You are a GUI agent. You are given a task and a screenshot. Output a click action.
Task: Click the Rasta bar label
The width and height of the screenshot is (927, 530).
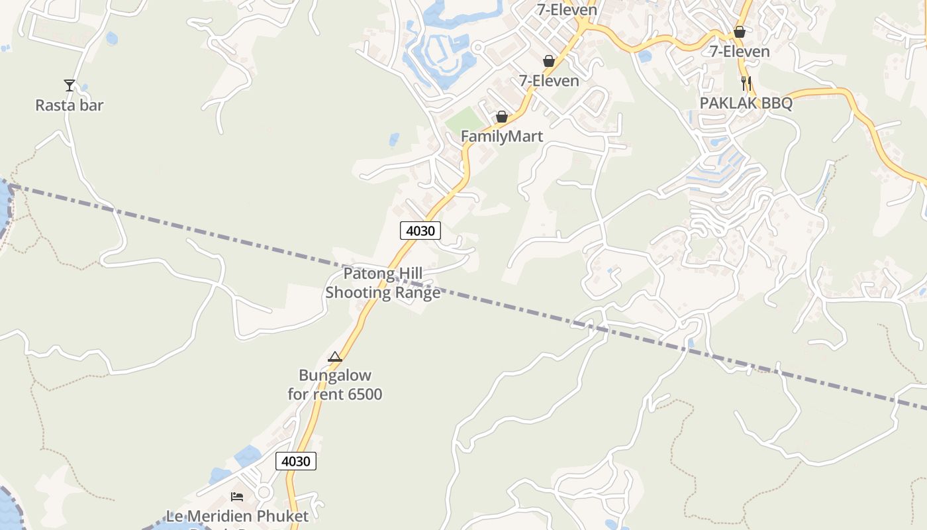pyautogui.click(x=70, y=105)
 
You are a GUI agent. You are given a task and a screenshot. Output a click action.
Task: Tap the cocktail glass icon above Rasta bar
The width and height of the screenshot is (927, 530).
pyautogui.click(x=70, y=85)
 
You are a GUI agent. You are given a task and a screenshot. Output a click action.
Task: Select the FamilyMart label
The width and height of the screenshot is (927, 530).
pyautogui.click(x=502, y=136)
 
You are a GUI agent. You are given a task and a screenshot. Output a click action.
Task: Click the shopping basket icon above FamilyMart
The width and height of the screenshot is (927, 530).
pyautogui.click(x=502, y=117)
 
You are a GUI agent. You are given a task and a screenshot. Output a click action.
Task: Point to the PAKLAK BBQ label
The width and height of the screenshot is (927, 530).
pyautogui.click(x=746, y=103)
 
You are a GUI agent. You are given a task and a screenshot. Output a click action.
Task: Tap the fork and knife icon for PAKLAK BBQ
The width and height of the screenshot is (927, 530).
pyautogui.click(x=746, y=83)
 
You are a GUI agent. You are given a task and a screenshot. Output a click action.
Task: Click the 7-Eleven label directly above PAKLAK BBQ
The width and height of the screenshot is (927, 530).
pyautogui.click(x=740, y=52)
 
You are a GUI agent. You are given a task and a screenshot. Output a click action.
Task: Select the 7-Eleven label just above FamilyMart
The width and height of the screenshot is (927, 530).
pyautogui.click(x=549, y=81)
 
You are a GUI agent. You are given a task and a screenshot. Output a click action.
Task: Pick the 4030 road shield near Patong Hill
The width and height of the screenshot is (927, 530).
pyautogui.click(x=420, y=231)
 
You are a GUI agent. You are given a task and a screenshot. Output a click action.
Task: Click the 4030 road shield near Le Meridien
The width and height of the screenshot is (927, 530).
pyautogui.click(x=295, y=461)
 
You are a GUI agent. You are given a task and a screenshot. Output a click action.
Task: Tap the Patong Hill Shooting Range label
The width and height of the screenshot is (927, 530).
pyautogui.click(x=383, y=283)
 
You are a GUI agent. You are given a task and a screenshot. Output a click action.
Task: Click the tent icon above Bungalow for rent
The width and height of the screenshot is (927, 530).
pyautogui.click(x=335, y=357)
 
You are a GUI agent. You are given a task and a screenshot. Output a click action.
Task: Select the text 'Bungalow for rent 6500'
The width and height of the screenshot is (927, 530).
pyautogui.click(x=335, y=385)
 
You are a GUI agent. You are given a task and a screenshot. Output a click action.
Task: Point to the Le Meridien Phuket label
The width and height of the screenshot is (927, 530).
pyautogui.click(x=237, y=516)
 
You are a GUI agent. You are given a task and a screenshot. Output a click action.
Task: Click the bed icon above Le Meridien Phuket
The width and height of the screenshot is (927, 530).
pyautogui.click(x=237, y=496)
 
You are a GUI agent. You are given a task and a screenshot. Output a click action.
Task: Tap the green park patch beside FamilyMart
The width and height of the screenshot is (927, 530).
pyautogui.click(x=463, y=119)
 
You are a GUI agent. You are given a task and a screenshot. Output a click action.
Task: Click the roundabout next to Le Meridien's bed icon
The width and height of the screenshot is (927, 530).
pyautogui.click(x=264, y=492)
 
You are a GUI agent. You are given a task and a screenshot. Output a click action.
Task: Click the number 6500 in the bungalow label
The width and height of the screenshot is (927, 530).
pyautogui.click(x=365, y=394)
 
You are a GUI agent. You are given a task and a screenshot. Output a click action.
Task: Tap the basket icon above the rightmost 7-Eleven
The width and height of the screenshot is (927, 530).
pyautogui.click(x=740, y=32)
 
